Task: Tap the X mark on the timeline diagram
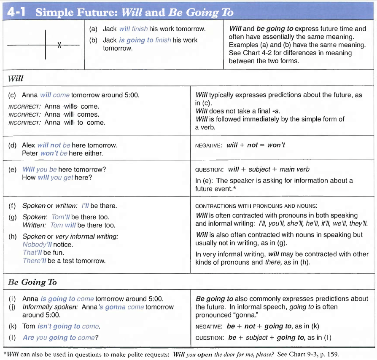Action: coord(60,45)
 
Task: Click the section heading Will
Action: coord(16,78)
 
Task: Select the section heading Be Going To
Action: coord(32,282)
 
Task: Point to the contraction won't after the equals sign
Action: coord(276,145)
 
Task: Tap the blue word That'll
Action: coord(32,253)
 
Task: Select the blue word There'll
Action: coord(35,261)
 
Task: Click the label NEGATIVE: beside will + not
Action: coord(209,145)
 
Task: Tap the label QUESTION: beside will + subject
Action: coord(209,169)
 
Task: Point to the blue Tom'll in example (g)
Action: coord(61,217)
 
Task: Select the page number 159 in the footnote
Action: coord(333,354)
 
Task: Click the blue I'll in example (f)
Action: coord(84,206)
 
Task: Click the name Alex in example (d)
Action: coord(29,145)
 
